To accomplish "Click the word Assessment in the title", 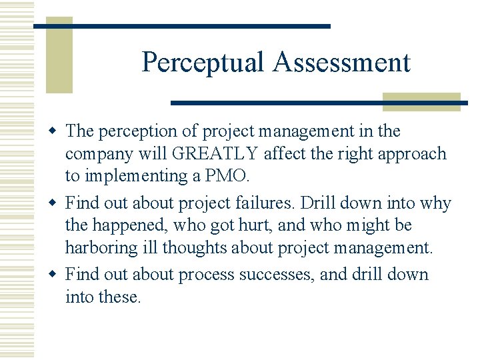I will [x=341, y=63].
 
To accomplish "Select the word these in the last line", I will [x=119, y=297].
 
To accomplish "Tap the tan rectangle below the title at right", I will [x=421, y=101].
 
